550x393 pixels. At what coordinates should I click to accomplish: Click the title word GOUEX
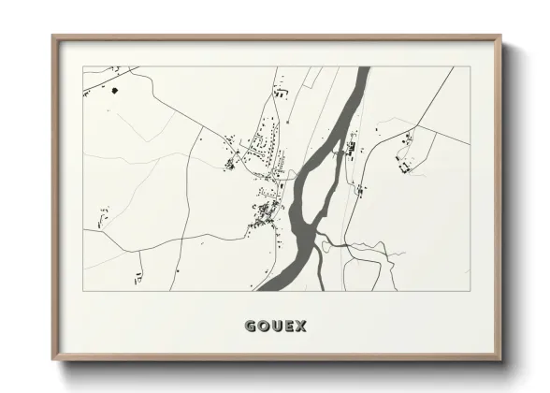click(275, 327)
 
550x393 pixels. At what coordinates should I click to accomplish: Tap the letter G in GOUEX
click(251, 327)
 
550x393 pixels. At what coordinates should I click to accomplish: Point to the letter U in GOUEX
click(275, 327)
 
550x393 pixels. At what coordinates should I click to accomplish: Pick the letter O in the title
click(263, 327)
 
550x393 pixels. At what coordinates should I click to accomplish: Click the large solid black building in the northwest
click(115, 91)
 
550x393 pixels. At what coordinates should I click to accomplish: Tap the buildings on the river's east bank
click(352, 147)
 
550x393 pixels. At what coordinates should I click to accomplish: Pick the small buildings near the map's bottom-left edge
click(139, 277)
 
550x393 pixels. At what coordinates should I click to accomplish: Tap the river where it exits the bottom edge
click(267, 287)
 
